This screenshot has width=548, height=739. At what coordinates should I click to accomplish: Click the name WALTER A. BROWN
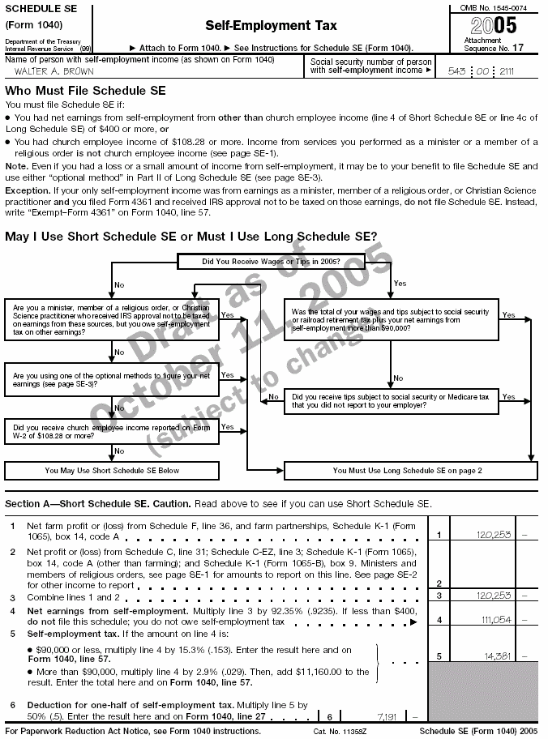[49, 71]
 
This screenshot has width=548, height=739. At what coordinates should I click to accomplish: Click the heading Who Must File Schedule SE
[85, 91]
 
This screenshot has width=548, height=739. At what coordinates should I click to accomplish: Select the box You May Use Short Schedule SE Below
[112, 470]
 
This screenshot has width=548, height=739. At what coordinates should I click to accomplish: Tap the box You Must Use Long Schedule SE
[407, 470]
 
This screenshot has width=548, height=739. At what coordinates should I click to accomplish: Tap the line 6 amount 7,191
[385, 717]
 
